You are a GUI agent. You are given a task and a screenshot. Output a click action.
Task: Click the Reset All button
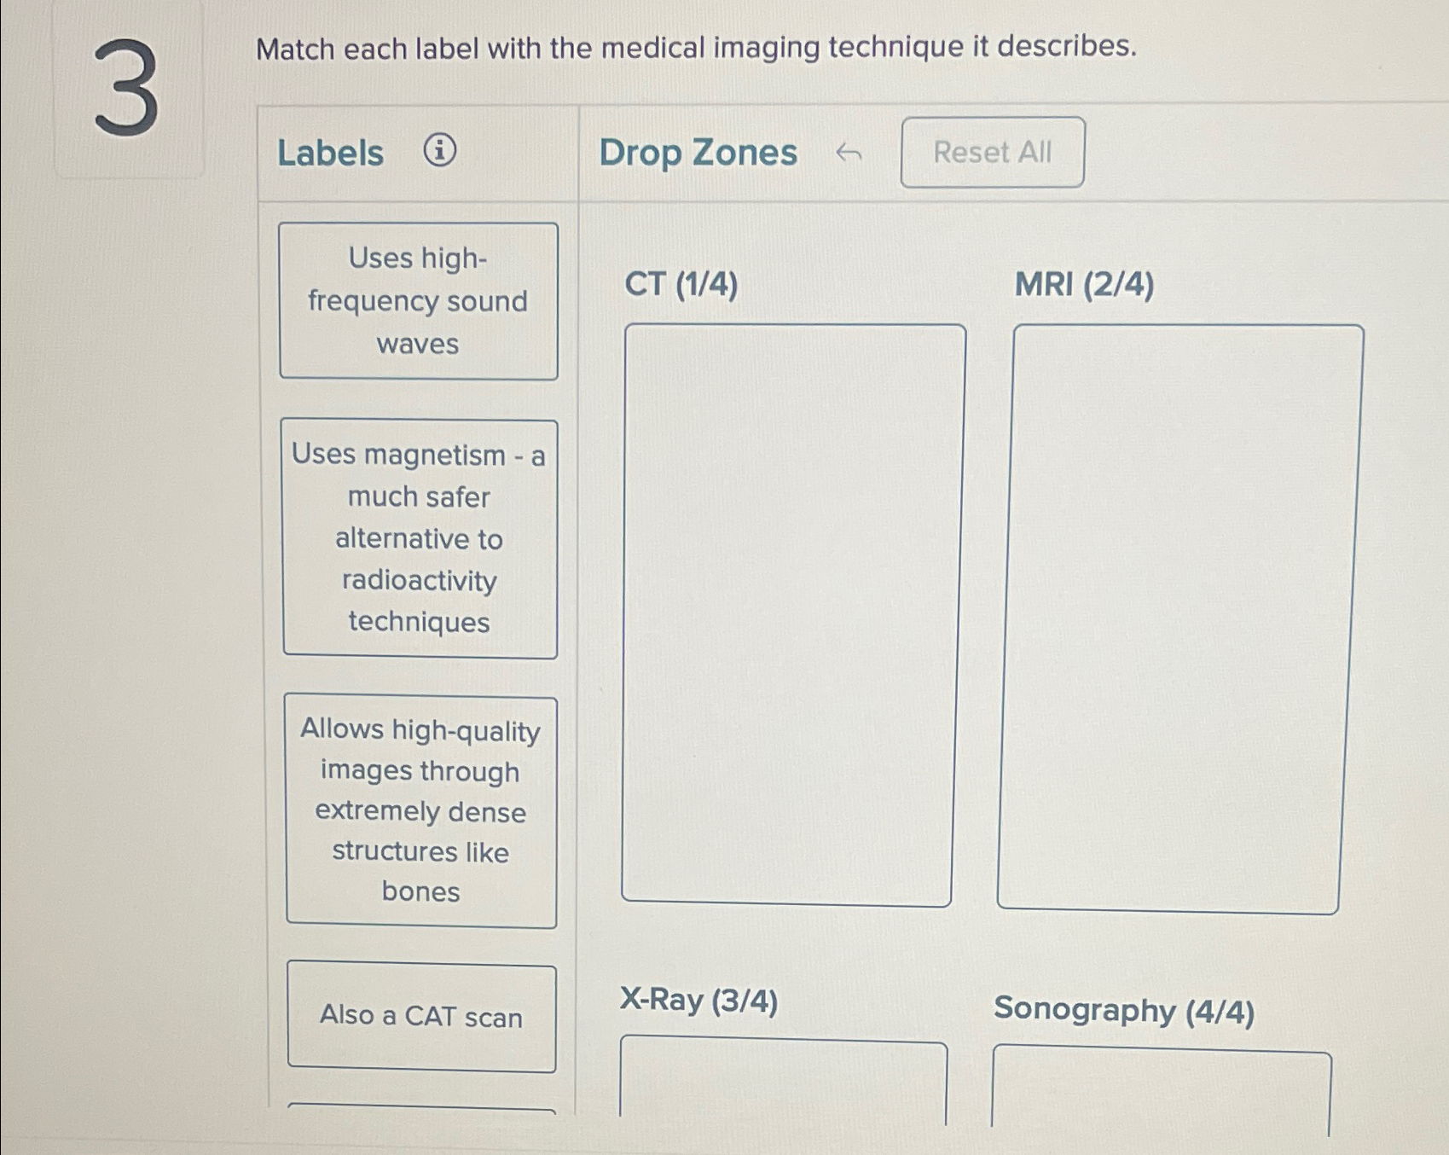pos(992,153)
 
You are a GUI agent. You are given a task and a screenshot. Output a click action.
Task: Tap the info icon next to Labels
pos(439,151)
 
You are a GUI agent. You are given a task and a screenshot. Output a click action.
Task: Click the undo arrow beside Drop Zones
pos(848,154)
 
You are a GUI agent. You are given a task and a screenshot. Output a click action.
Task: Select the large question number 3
pos(126,90)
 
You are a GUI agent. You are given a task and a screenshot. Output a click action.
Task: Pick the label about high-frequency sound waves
pos(418,301)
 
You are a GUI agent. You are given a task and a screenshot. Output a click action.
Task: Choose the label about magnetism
pos(419,538)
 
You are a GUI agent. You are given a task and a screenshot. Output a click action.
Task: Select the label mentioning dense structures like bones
pos(420,811)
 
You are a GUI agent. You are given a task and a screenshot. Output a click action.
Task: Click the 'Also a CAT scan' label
pos(421,1016)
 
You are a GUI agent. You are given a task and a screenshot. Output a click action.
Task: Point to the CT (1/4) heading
pos(681,284)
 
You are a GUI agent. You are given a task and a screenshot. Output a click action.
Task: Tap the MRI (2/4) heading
pos(1084,284)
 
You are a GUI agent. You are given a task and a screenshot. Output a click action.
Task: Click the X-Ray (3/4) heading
pos(698,1000)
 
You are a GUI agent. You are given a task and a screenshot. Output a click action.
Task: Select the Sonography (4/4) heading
pos(1123,1010)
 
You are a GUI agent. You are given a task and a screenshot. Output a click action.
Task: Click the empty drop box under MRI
pos(1179,618)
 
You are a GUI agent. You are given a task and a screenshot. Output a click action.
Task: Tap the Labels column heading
pos(330,154)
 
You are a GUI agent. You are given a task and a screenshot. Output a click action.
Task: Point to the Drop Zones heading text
pos(698,153)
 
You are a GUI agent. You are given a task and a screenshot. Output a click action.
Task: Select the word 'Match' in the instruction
pos(295,49)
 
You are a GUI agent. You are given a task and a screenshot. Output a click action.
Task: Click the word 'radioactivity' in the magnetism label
pos(419,581)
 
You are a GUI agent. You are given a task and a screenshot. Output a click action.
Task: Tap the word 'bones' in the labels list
pos(420,891)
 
